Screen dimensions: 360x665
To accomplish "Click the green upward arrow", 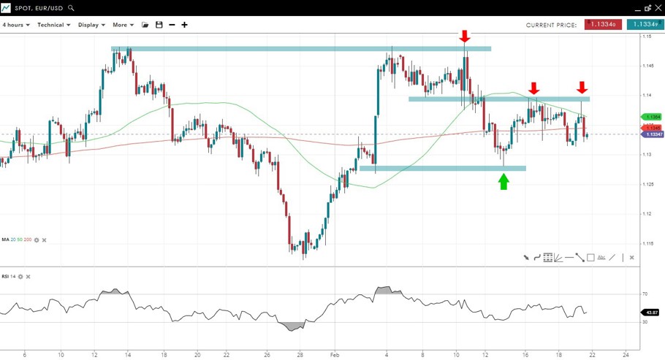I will tap(503, 182).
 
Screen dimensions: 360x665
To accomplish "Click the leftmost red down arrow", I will tap(465, 37).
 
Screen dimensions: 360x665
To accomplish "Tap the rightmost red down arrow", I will tap(582, 88).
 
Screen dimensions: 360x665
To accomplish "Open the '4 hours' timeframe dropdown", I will tap(16, 25).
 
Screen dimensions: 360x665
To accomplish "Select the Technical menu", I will tap(53, 25).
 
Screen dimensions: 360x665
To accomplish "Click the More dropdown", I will tap(123, 25).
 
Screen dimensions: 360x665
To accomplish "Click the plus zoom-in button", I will tap(184, 25).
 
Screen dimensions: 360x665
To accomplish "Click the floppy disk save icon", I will tap(159, 25).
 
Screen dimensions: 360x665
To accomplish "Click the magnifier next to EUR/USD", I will tap(71, 8).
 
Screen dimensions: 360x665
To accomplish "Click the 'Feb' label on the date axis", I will tap(334, 353).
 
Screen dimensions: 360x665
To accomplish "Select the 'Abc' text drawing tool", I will tap(601, 257).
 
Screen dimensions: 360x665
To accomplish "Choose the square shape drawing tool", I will tap(590, 257).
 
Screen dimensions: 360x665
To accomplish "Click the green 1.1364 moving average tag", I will tap(651, 117).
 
